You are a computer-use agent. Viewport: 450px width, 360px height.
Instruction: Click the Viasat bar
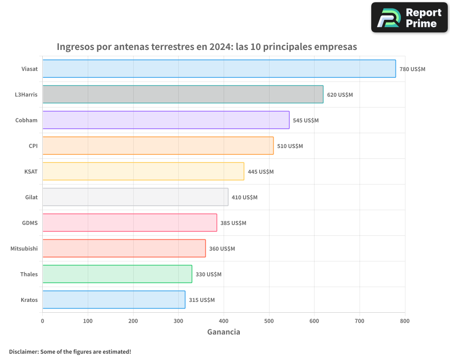click(x=219, y=69)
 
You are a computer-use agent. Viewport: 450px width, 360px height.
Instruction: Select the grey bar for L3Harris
click(x=183, y=94)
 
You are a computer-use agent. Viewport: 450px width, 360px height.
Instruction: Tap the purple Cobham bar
click(x=166, y=120)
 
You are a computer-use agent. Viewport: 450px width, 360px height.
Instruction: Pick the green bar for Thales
click(x=117, y=274)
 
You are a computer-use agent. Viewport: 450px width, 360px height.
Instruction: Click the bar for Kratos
click(x=114, y=300)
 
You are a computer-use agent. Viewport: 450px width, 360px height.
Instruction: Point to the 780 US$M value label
click(x=412, y=69)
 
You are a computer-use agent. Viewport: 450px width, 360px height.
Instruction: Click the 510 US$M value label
click(x=290, y=146)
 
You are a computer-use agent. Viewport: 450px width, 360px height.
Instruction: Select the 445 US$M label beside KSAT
click(x=261, y=172)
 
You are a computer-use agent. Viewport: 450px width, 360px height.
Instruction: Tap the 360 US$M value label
click(x=222, y=249)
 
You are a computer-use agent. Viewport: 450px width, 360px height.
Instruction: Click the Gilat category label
click(x=31, y=197)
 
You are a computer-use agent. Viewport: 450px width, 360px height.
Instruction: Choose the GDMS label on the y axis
click(x=30, y=223)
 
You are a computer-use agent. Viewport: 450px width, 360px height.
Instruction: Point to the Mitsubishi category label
click(x=24, y=248)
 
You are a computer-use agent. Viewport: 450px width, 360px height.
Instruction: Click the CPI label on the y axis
click(x=33, y=146)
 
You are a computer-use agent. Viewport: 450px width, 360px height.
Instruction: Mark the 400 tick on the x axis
click(x=224, y=321)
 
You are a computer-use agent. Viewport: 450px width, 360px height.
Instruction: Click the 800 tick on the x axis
click(x=405, y=321)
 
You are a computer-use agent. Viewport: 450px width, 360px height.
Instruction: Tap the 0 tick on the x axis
click(x=42, y=321)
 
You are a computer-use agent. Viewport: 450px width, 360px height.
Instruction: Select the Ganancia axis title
click(x=224, y=332)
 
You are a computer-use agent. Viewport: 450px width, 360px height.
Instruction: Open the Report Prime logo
click(x=409, y=18)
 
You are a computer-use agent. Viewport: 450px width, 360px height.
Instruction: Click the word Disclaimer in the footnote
click(x=23, y=352)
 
